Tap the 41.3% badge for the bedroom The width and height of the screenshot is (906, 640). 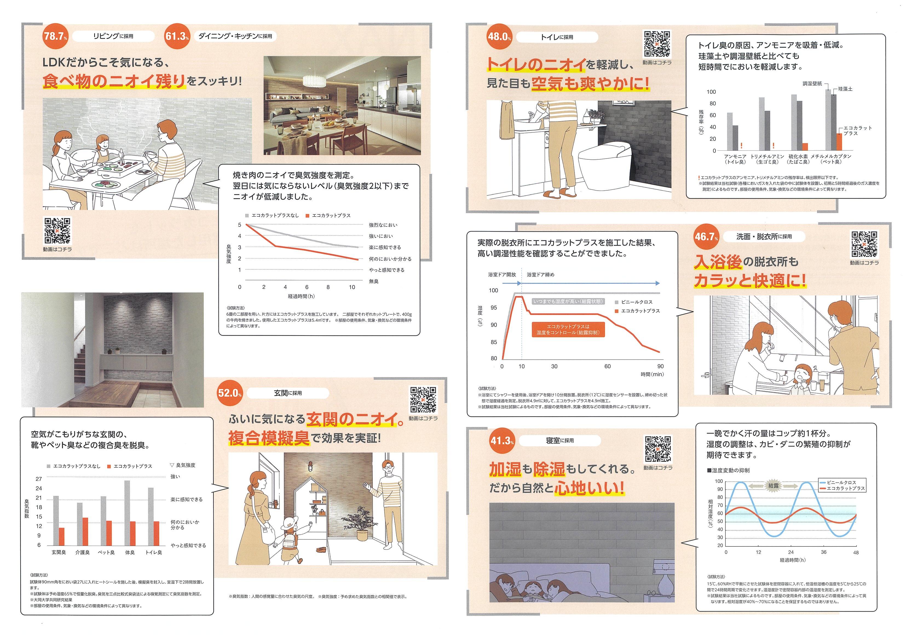501,440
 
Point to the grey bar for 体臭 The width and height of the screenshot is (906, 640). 127,513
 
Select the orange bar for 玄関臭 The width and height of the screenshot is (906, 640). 62,537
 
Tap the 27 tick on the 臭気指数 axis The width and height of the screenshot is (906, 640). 39,479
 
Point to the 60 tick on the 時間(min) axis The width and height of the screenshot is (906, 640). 607,366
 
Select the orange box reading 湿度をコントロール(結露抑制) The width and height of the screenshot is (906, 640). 568,330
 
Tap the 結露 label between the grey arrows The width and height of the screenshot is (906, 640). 774,486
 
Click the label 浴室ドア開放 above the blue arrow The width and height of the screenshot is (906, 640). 502,274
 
